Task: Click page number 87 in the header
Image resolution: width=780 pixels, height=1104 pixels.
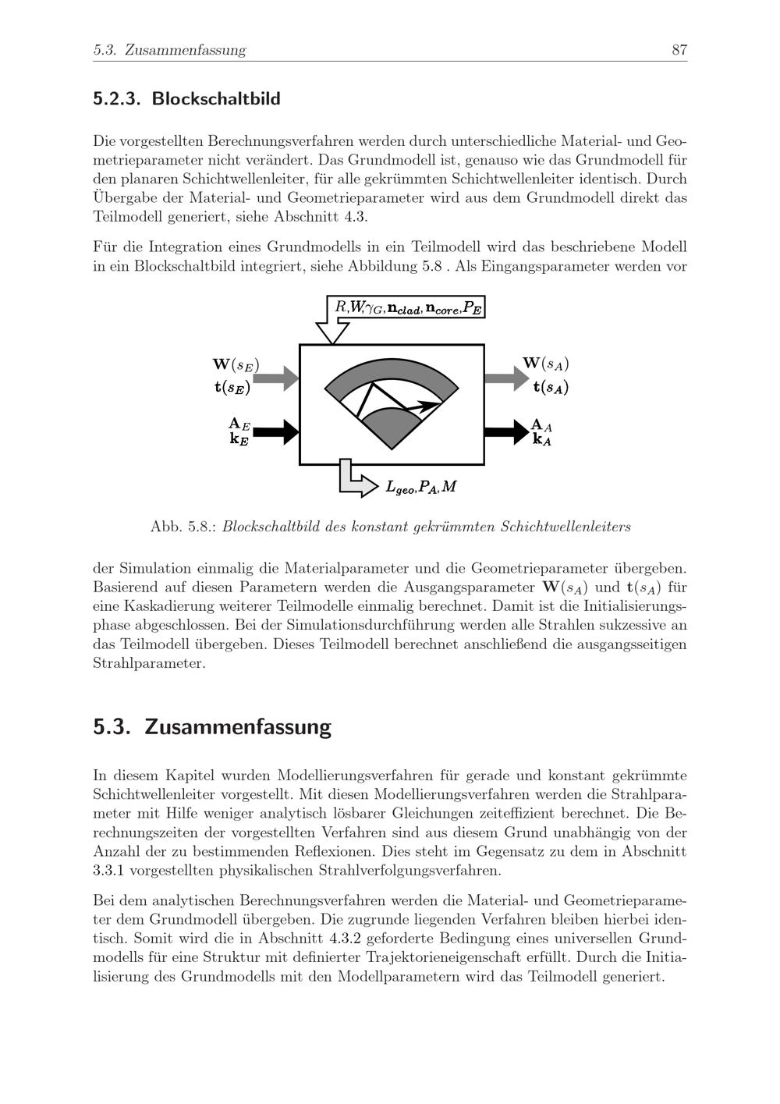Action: tap(679, 51)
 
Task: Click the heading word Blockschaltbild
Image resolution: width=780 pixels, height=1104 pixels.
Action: tap(216, 99)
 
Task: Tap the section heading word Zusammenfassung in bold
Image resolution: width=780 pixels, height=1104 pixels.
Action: tap(238, 726)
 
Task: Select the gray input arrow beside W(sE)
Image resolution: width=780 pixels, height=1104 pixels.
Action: tap(276, 378)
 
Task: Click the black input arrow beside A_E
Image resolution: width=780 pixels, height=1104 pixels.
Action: tap(276, 431)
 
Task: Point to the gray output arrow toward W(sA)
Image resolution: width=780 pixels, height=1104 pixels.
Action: tap(505, 378)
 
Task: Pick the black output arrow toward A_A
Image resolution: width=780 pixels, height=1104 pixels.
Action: tap(505, 431)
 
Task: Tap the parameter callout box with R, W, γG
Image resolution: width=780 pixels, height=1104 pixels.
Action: tap(406, 307)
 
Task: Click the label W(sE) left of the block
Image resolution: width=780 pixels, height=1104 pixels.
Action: tap(236, 364)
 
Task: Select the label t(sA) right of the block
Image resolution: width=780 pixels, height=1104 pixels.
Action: tap(551, 387)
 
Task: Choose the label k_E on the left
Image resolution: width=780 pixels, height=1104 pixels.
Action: tap(239, 439)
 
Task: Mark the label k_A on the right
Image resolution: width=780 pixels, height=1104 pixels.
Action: tap(542, 439)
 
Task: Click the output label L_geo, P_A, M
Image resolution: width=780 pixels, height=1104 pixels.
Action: tap(421, 487)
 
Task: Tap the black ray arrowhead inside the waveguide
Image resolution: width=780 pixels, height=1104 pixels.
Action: tap(428, 406)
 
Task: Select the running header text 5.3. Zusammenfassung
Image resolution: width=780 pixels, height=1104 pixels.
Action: tap(169, 51)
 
